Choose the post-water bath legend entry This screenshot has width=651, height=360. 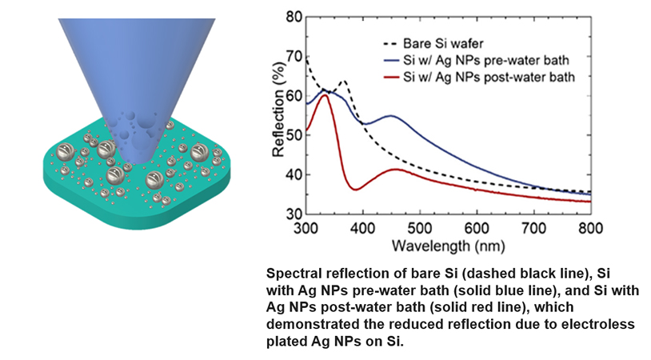click(x=488, y=78)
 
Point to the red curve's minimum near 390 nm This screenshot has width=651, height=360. click(x=356, y=189)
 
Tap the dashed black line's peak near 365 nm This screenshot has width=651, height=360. click(x=344, y=82)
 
